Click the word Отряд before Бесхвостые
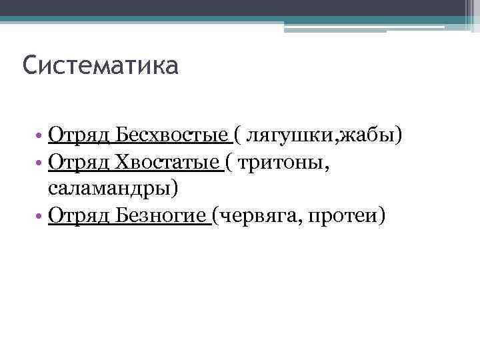click(x=79, y=137)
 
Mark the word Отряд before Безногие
click(x=79, y=217)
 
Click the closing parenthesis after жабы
click(x=399, y=137)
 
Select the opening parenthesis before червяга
click(x=216, y=217)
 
